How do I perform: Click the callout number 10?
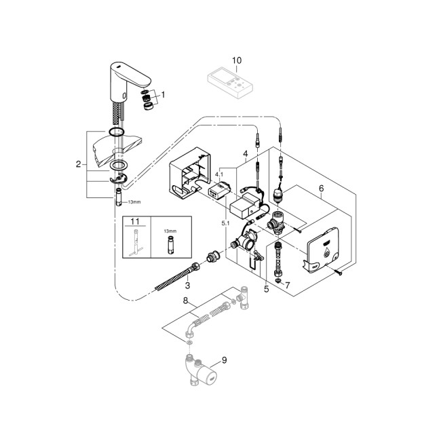(237, 60)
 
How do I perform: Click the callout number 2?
(79, 164)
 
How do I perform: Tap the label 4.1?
(218, 175)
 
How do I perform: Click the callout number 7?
(287, 284)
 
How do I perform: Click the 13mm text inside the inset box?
(170, 231)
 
